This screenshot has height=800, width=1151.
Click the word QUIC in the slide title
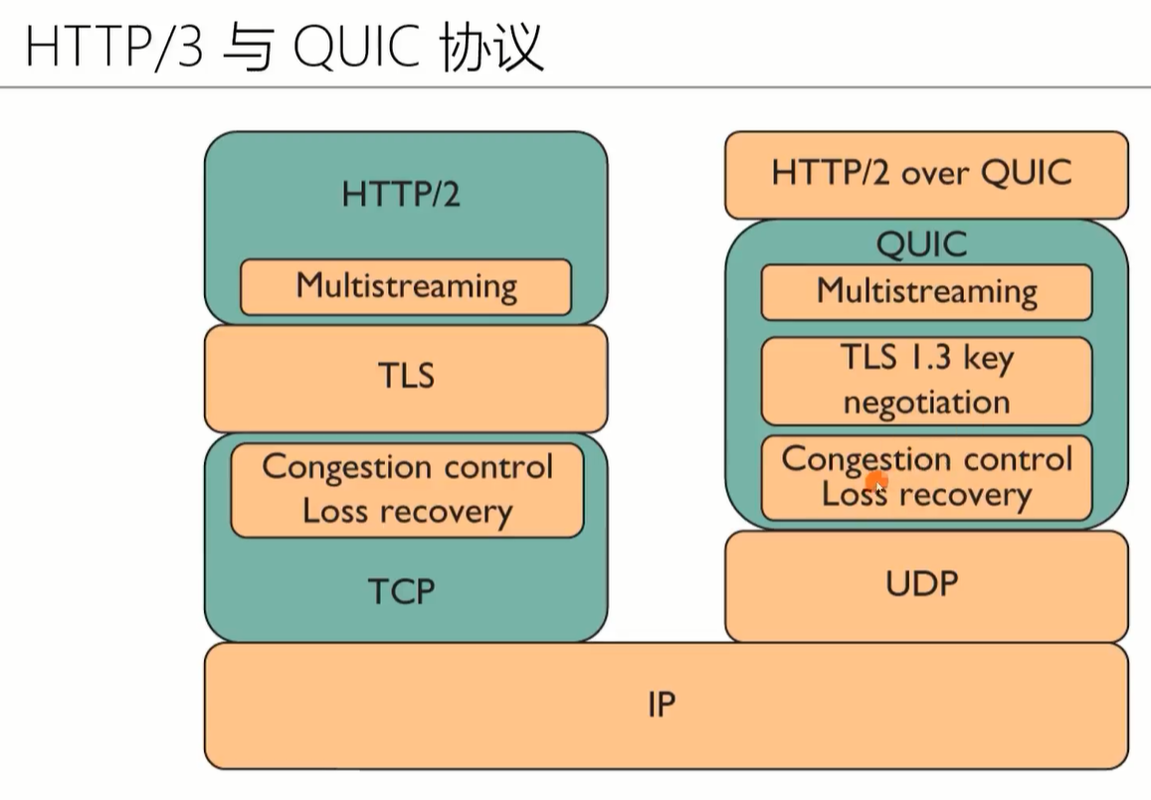[x=356, y=46]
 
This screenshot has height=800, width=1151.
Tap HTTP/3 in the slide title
[x=113, y=46]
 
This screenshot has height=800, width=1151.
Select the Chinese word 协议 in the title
[x=491, y=47]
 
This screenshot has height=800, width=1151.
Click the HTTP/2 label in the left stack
[x=401, y=195]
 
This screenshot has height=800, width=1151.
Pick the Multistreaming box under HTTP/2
[x=406, y=287]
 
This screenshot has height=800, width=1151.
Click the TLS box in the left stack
[x=406, y=379]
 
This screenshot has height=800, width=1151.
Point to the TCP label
[x=402, y=591]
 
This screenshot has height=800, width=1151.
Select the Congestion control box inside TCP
[x=408, y=490]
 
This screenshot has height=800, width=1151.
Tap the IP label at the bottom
[x=662, y=705]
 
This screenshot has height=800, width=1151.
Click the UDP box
[x=926, y=586]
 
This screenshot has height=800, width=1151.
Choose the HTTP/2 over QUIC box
[x=926, y=175]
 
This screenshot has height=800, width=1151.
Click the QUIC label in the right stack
[x=922, y=244]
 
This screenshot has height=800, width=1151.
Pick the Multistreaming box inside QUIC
[x=926, y=292]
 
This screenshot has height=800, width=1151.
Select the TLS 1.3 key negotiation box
[x=926, y=382]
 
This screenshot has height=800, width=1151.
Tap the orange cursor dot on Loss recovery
[x=876, y=482]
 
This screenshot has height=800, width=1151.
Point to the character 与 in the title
[x=248, y=48]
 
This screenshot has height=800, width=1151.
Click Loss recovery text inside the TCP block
[x=408, y=512]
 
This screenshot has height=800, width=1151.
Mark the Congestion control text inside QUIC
[x=927, y=460]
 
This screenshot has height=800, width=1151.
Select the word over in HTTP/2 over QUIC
[x=934, y=175]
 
